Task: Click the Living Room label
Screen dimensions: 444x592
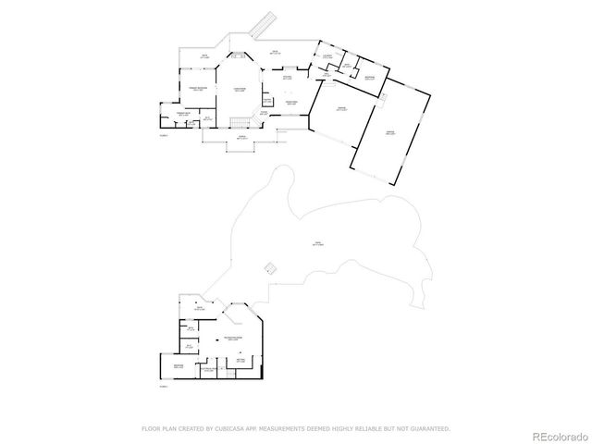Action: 239,90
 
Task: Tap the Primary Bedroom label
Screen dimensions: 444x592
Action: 197,89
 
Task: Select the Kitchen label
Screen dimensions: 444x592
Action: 288,90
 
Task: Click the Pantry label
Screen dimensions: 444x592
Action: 267,100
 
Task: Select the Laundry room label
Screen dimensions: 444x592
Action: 327,56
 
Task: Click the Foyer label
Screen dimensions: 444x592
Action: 264,113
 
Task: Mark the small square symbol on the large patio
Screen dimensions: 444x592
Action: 269,267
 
